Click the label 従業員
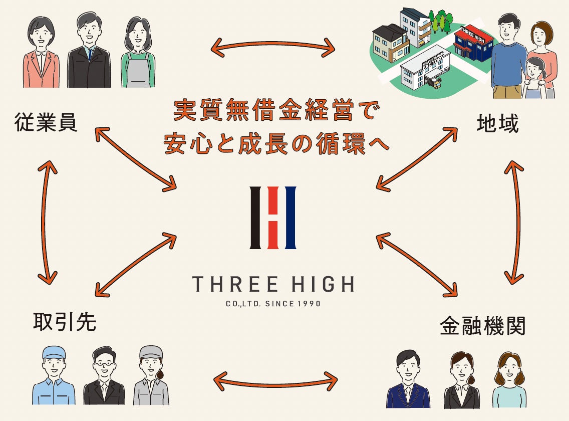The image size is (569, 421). pos(46,123)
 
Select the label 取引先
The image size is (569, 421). pos(64,322)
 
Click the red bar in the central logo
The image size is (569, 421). pos(273,218)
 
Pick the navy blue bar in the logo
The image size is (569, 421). pos(290,218)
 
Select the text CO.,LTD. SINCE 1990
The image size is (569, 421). pos(273,304)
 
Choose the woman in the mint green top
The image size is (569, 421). pos(509,381)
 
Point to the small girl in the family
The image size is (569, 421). pos(534,78)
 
